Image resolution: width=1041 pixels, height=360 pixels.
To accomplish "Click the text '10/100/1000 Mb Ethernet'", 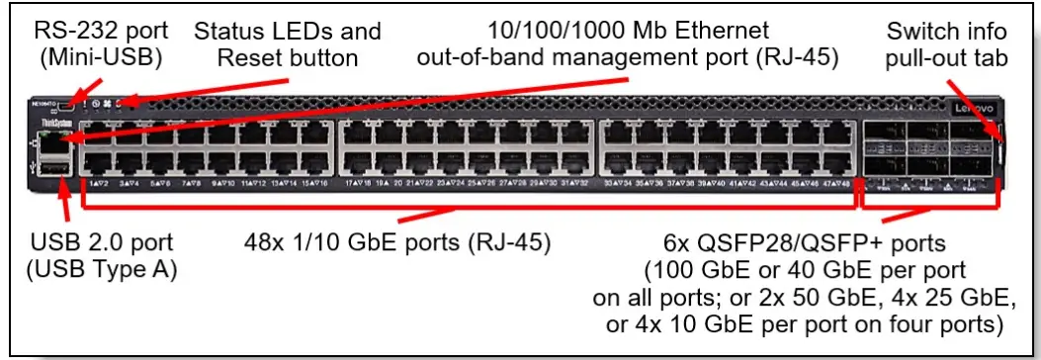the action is [628, 31].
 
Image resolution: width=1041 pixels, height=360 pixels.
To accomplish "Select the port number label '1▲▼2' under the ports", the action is [98, 184].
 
